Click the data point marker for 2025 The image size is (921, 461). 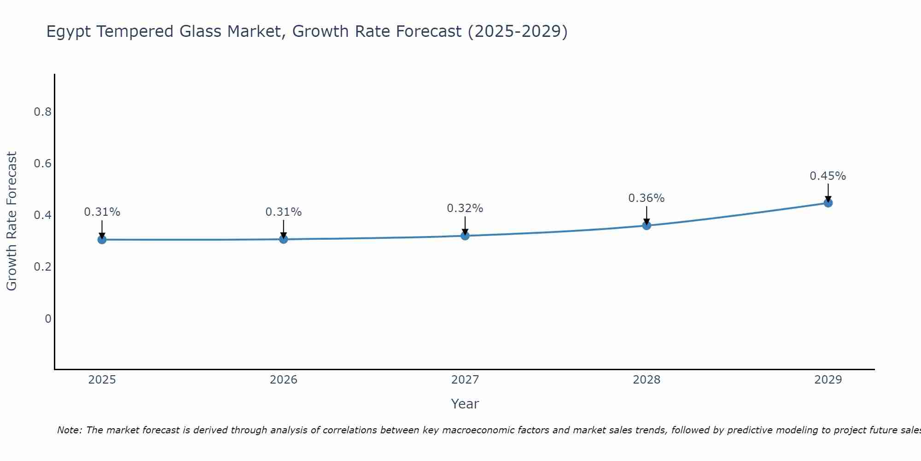[x=102, y=239]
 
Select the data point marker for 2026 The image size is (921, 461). [x=283, y=239]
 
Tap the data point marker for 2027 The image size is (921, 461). [x=465, y=236]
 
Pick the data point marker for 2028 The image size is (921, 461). [x=647, y=225]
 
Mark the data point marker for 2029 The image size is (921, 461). [x=828, y=203]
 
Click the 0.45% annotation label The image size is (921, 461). [x=828, y=176]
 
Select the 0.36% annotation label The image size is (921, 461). [x=646, y=198]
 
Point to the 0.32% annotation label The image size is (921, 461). [x=465, y=208]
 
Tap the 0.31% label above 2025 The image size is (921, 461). [x=102, y=212]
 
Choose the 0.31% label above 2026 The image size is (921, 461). [x=283, y=212]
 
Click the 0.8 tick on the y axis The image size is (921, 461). [x=42, y=112]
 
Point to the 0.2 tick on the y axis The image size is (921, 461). [x=42, y=267]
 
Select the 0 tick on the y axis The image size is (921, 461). [x=48, y=319]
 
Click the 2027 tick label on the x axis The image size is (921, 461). [x=465, y=380]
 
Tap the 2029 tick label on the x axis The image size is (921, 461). [x=828, y=380]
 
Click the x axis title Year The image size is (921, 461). [x=465, y=404]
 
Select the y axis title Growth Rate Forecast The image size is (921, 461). [x=12, y=221]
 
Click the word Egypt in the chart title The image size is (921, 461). [x=69, y=32]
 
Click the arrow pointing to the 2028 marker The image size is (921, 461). [x=647, y=215]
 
